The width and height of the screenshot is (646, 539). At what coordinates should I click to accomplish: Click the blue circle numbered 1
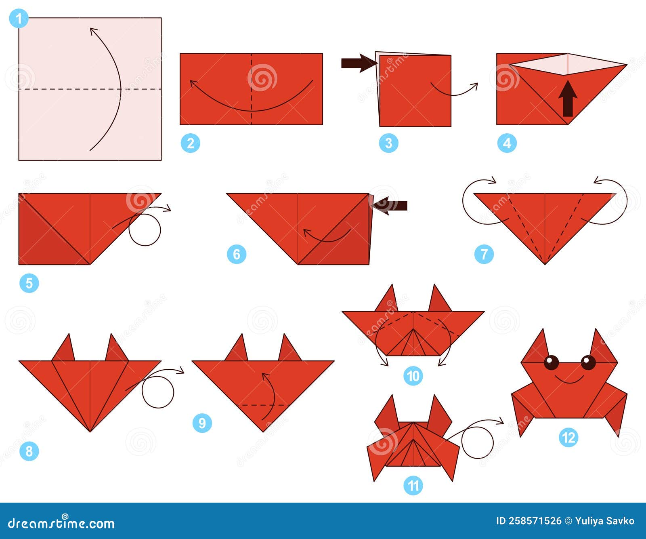pos(19,19)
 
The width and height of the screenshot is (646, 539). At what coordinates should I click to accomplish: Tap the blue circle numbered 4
pos(507,143)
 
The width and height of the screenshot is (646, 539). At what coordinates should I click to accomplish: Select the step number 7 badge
pos(484,254)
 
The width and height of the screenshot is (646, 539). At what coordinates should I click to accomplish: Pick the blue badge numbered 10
pos(413,376)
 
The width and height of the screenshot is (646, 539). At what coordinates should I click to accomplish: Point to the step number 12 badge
pos(568,438)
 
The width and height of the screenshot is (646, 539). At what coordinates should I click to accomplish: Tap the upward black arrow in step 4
pos(568,99)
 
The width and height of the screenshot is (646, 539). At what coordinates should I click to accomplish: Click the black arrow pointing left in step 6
pos(390,205)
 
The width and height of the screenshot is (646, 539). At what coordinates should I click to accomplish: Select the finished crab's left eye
pos(551,362)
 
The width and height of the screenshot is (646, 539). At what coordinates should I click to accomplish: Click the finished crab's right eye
pos(588,362)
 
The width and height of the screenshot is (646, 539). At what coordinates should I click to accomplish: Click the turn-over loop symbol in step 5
pos(145,229)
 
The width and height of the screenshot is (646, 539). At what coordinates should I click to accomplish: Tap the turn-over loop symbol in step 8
pos(158,392)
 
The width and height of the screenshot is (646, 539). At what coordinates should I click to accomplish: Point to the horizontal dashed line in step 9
pos(264,405)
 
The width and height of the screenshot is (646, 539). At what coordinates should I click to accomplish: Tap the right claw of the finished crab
pos(603,347)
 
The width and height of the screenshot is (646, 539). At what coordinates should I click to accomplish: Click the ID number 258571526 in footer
pos(529,521)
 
